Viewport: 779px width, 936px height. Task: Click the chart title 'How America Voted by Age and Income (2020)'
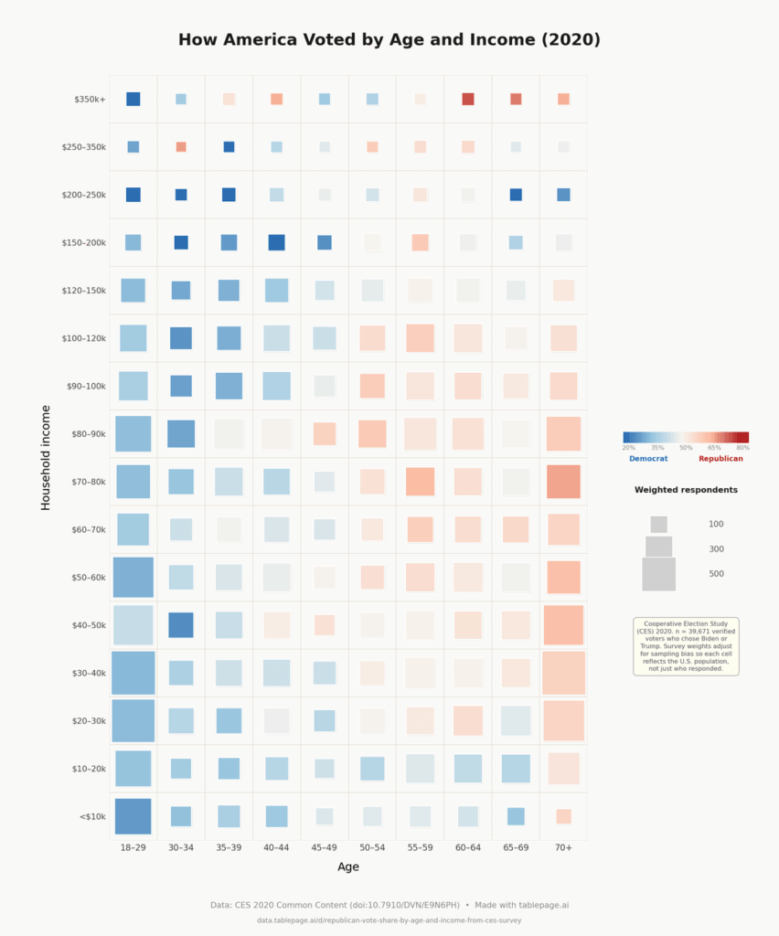[x=389, y=40]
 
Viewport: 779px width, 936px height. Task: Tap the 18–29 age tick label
[x=133, y=848]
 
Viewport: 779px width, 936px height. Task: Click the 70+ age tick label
[x=563, y=848]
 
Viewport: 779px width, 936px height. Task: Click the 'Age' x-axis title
[x=348, y=867]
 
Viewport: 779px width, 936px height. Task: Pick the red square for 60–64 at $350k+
[x=468, y=99]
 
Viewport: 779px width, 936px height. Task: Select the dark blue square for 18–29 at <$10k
[x=133, y=816]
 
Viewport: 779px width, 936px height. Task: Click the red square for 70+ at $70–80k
[x=563, y=482]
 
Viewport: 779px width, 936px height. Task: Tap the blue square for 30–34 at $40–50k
[x=181, y=624]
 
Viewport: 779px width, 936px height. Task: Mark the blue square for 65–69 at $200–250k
[x=516, y=195]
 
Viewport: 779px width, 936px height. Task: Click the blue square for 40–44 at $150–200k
[x=276, y=242]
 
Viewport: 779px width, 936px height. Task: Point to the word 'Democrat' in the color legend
[x=648, y=459]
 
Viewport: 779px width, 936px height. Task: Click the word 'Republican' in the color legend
[x=720, y=459]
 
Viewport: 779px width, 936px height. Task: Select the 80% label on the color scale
[x=742, y=448]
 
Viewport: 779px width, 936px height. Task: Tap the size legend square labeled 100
[x=658, y=525]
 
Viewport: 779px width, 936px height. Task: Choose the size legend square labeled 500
[x=658, y=574]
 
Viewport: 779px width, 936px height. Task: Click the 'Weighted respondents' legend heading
[x=686, y=490]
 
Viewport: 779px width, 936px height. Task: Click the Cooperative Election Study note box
[x=686, y=646]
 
